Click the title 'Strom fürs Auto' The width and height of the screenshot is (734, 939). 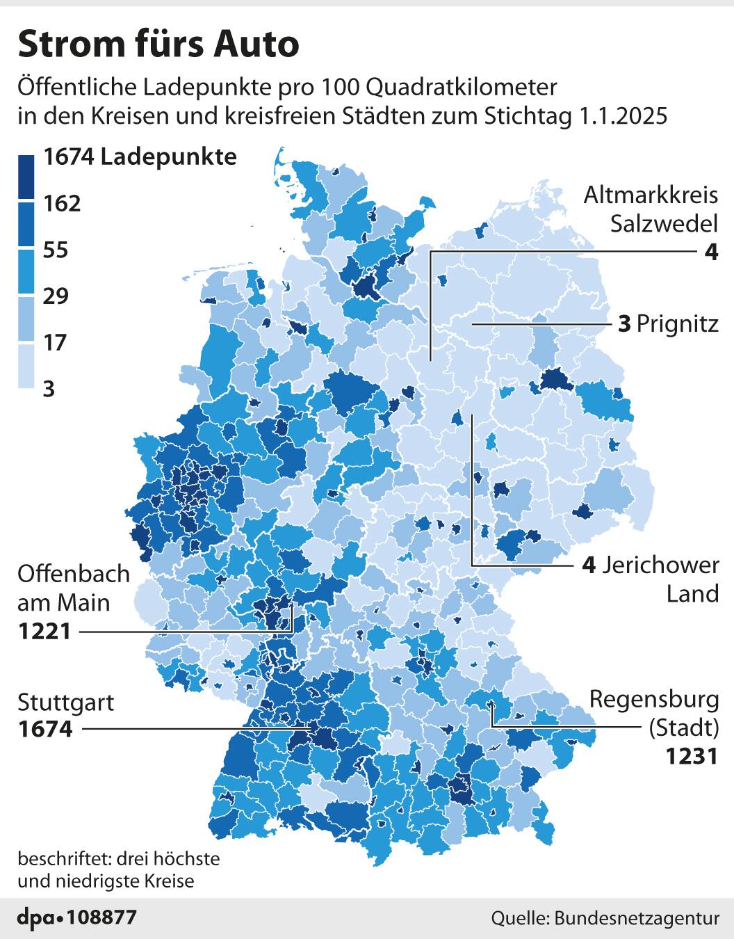(158, 45)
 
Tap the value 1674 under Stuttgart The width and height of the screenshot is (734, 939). (45, 730)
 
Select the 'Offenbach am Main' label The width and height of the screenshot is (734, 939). (74, 588)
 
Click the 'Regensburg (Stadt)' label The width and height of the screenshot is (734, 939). (653, 713)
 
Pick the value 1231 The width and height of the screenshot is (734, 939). (692, 755)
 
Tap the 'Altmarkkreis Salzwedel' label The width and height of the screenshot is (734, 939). (651, 209)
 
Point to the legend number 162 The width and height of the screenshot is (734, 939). (62, 203)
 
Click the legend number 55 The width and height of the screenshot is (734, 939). (56, 250)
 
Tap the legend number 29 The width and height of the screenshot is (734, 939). (56, 296)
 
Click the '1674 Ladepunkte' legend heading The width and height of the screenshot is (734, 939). (140, 157)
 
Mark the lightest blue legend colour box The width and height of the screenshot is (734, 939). (27, 366)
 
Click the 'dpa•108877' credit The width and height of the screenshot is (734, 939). (76, 917)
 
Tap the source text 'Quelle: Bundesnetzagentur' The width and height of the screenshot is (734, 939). (605, 918)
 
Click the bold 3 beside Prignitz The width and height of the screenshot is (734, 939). (624, 324)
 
